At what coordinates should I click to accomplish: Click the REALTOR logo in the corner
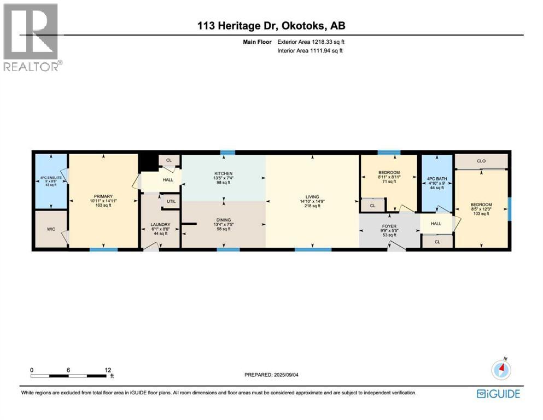(31, 37)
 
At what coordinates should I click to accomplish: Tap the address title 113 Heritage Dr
(271, 26)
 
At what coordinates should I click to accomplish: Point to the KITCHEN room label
(223, 173)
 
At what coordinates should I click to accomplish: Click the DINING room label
(223, 219)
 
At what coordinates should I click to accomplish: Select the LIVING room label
(312, 197)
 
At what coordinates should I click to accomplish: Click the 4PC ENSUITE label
(51, 177)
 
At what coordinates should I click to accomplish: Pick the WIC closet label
(51, 229)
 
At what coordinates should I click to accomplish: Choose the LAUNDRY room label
(160, 225)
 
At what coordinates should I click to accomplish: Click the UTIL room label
(171, 202)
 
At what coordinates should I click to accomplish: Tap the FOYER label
(389, 224)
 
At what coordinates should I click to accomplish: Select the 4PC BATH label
(436, 178)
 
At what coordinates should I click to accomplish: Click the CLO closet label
(481, 161)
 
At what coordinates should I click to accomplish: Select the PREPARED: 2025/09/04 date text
(272, 375)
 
